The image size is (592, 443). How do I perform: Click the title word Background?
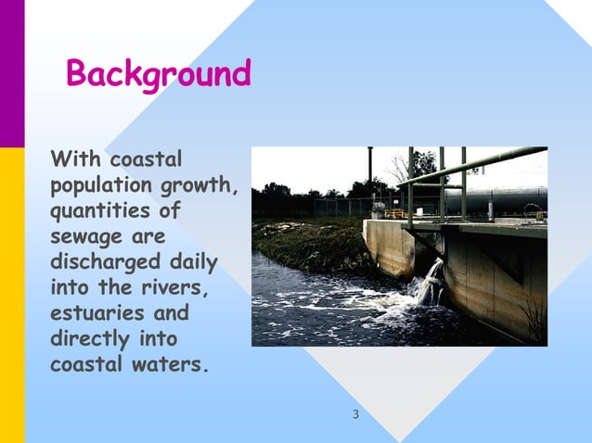[x=159, y=73]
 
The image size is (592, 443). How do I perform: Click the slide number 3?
[x=355, y=413]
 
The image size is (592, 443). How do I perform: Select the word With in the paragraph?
[x=74, y=158]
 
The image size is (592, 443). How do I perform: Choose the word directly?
[x=90, y=338]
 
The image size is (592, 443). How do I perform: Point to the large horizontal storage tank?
[x=506, y=197]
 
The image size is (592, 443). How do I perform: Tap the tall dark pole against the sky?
[x=369, y=171]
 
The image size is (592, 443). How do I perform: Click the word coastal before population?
[x=146, y=158]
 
